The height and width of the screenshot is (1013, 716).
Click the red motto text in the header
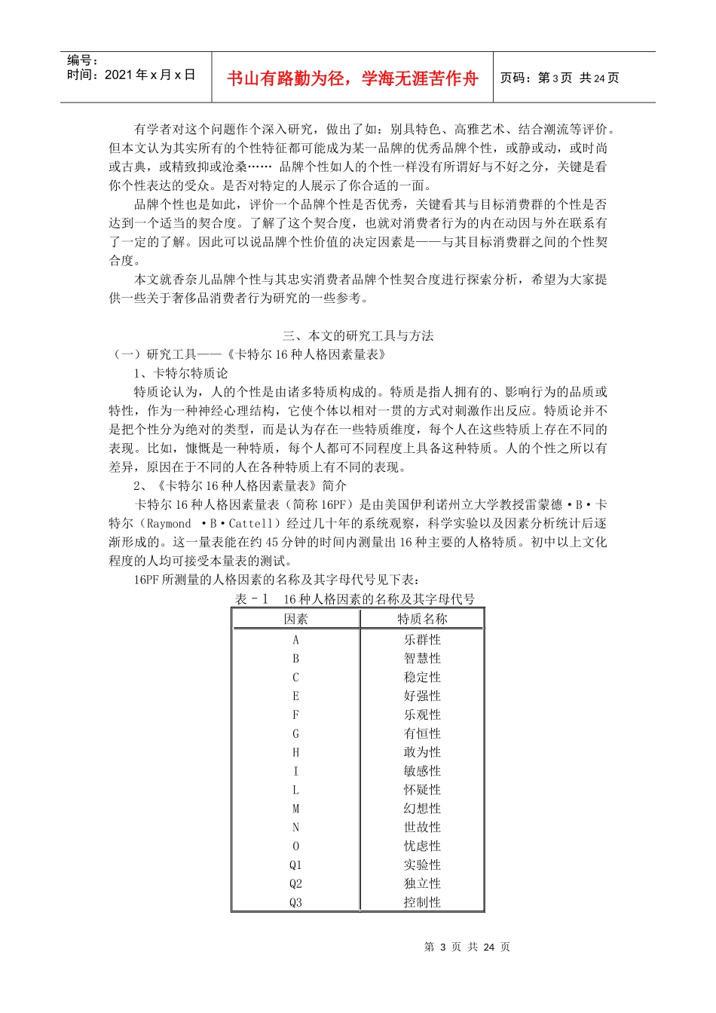tap(352, 78)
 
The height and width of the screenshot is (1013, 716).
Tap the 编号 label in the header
tap(83, 60)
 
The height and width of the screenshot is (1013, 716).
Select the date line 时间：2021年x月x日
tap(131, 75)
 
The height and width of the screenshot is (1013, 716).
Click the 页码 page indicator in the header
tap(559, 78)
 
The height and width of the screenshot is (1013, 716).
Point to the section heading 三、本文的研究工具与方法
tap(358, 335)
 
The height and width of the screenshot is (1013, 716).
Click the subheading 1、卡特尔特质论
tap(181, 373)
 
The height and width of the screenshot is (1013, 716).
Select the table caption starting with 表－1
tap(355, 599)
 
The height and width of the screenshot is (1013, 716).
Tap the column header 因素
tap(296, 619)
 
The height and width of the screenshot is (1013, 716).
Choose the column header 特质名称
tap(422, 619)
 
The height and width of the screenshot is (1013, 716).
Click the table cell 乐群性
tap(422, 640)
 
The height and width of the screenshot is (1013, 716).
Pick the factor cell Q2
tap(295, 883)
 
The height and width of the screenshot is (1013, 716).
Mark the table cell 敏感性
tap(422, 771)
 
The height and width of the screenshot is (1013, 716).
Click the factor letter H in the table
tap(295, 752)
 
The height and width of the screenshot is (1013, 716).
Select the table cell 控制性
tap(422, 902)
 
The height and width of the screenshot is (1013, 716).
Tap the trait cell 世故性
tap(422, 828)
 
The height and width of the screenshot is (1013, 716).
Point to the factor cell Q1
tap(295, 865)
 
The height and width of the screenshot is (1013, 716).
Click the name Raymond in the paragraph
tap(169, 524)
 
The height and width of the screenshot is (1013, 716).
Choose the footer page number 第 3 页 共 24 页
tap(467, 947)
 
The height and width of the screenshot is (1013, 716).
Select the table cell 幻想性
tap(422, 809)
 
